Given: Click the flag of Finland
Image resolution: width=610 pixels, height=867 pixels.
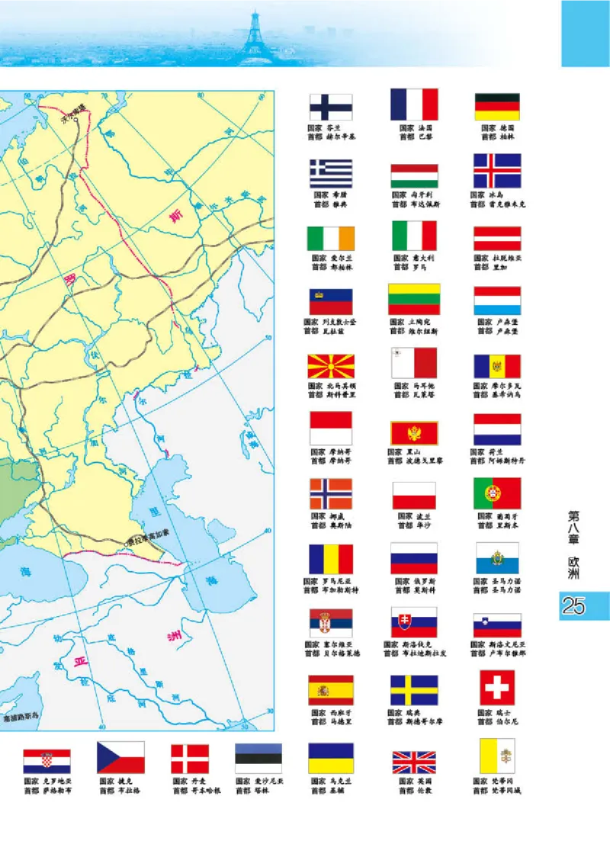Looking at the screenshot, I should pos(330,107).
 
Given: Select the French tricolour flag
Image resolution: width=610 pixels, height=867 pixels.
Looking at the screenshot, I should pos(414,104).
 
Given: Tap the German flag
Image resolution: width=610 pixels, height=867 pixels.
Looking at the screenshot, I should pos(497,107).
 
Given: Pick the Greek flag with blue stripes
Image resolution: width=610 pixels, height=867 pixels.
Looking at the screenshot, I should pos(330,173).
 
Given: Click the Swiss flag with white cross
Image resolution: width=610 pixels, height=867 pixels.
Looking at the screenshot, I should pos(497,688).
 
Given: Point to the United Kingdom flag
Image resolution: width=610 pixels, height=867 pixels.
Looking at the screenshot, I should pos(414,762).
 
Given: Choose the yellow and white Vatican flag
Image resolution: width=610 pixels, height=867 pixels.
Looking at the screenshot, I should pos(497,757).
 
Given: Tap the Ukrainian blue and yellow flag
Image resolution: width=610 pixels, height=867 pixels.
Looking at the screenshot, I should pos(331,759).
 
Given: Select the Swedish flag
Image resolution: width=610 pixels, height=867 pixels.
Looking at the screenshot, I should pos(414,690).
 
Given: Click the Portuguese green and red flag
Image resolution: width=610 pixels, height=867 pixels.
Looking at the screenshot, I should pos(497,493).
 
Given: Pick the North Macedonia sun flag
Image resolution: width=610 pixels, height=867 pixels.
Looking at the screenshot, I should pos(330,366).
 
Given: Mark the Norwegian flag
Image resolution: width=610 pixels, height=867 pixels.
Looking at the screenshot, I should pos(330,493).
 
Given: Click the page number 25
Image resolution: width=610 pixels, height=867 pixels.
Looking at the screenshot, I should pos(573,606).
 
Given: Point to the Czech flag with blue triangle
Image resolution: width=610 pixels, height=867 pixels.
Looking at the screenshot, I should pos(120,757).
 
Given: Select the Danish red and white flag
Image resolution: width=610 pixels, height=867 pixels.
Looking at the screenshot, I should pos(190,759).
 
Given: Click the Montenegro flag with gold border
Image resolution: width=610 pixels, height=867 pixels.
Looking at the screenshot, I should pos(414,433).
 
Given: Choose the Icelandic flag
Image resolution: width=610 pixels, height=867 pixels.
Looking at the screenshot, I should pos(497,171).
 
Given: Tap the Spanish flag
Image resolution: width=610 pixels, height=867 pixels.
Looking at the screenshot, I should pos(330,690).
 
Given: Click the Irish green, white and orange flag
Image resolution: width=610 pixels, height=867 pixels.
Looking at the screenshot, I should pos(330,238).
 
